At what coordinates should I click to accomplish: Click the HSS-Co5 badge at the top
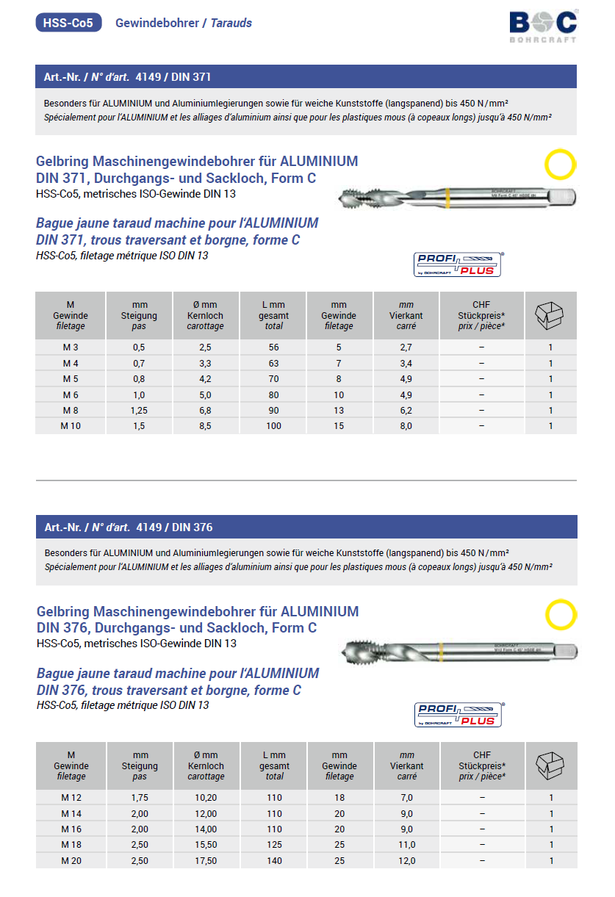pos(68,23)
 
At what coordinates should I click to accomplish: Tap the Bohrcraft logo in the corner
pos(543,25)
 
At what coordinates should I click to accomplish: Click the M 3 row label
pos(71,347)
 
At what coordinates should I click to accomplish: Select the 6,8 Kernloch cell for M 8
pos(205,410)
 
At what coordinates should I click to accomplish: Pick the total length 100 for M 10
pos(273,425)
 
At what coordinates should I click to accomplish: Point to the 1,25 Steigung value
pos(139,410)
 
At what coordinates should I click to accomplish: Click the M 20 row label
pos(71,860)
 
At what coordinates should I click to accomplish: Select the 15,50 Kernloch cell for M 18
pos(206,845)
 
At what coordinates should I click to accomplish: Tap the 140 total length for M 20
pos(274,860)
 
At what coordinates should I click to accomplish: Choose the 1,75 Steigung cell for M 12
pos(140,798)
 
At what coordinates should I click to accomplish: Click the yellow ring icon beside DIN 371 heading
pos(560,165)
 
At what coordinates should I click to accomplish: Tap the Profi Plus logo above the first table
pos(458,264)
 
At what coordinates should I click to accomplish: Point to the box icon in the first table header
pos(550,314)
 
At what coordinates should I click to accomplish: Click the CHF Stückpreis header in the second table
pos(481,765)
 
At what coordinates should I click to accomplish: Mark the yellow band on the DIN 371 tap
pos(447,198)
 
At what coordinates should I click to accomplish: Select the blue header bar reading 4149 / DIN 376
pos(306,527)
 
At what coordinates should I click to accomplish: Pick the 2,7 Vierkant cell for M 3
pos(406,347)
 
